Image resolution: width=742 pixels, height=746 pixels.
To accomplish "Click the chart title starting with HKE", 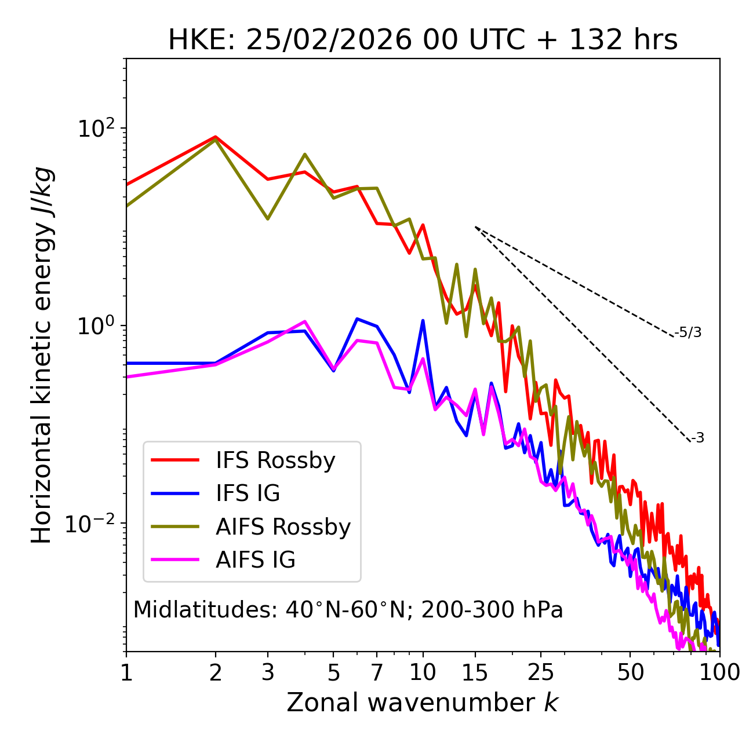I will (x=423, y=41).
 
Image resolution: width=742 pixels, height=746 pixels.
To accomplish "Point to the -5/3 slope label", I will (x=688, y=332).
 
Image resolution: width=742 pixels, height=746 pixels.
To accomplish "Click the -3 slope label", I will (x=697, y=438).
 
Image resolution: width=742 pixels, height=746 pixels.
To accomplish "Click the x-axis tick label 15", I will (x=475, y=672).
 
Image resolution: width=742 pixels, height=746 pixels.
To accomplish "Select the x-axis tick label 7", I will (x=377, y=672).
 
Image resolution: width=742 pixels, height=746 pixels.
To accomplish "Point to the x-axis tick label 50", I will (x=630, y=672).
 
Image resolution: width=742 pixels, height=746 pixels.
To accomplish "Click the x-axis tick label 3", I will (x=268, y=672).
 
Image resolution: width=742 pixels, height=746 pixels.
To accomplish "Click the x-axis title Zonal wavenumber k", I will (x=423, y=703).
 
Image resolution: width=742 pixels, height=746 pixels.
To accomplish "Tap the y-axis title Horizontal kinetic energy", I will (x=42, y=355).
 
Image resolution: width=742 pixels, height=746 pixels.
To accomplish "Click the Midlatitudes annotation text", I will (x=348, y=610).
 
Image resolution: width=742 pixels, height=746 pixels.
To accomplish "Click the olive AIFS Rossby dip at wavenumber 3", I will (x=267, y=219).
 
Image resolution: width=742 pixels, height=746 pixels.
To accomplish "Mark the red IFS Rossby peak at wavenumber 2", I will (x=216, y=137).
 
